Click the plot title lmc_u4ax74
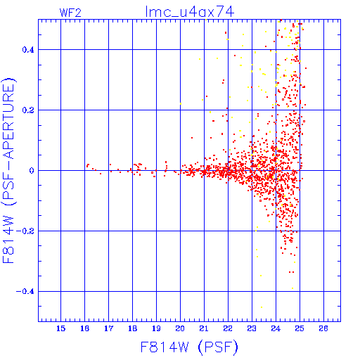point(190,12)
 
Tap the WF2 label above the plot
point(70,13)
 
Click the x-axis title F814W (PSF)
point(189,347)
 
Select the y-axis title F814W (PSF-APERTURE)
point(9,170)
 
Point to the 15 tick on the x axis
point(60,328)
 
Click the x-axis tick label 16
point(84,328)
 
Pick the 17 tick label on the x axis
point(108,328)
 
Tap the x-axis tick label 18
point(132,328)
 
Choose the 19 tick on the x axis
point(156,328)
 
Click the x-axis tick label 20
point(180,328)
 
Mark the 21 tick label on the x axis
point(204,328)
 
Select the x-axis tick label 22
point(228,328)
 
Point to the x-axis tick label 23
point(252,328)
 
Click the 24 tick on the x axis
point(276,328)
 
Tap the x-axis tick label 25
point(300,328)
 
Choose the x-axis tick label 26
point(323,328)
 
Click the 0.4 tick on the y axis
point(28,50)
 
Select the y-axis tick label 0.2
point(28,110)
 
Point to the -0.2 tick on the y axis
point(25,231)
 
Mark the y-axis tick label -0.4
point(25,292)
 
